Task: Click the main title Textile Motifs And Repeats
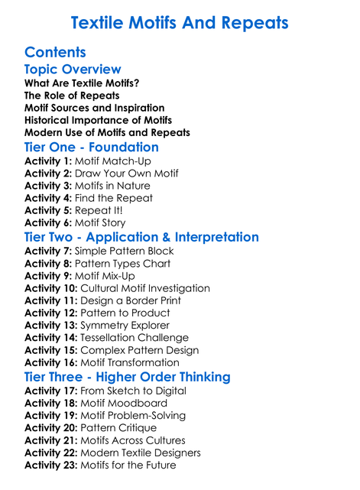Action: click(180, 23)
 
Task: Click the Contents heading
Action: click(55, 53)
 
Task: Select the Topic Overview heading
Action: click(73, 70)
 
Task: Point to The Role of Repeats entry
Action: click(72, 96)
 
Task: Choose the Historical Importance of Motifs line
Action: click(98, 120)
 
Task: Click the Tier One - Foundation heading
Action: click(92, 147)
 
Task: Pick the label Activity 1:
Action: click(48, 161)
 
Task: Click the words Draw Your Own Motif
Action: click(127, 174)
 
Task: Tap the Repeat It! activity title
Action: click(99, 210)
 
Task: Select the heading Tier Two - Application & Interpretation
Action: click(141, 237)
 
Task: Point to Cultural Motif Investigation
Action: click(145, 288)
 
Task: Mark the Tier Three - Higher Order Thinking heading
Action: click(127, 377)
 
